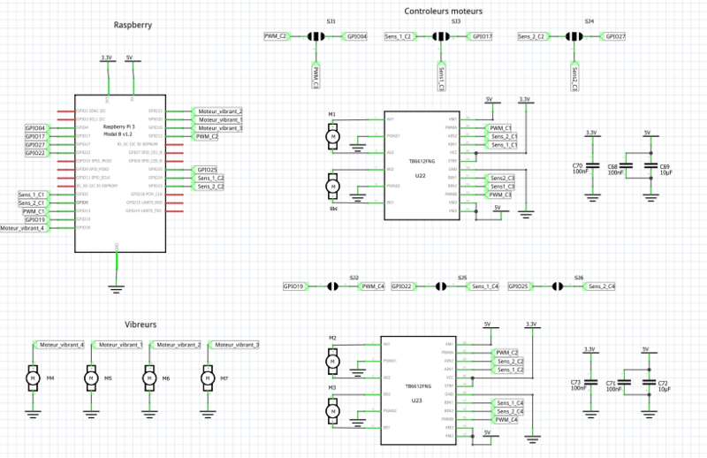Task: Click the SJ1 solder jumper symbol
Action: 315,37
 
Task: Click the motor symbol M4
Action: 33,378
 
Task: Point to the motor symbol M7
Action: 209,378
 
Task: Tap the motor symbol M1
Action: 332,136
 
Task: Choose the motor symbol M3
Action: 332,410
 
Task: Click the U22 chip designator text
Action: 420,176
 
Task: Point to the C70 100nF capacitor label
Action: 579,168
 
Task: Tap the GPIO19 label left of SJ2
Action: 294,286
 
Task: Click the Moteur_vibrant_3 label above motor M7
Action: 236,344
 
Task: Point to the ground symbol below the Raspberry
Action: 118,285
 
